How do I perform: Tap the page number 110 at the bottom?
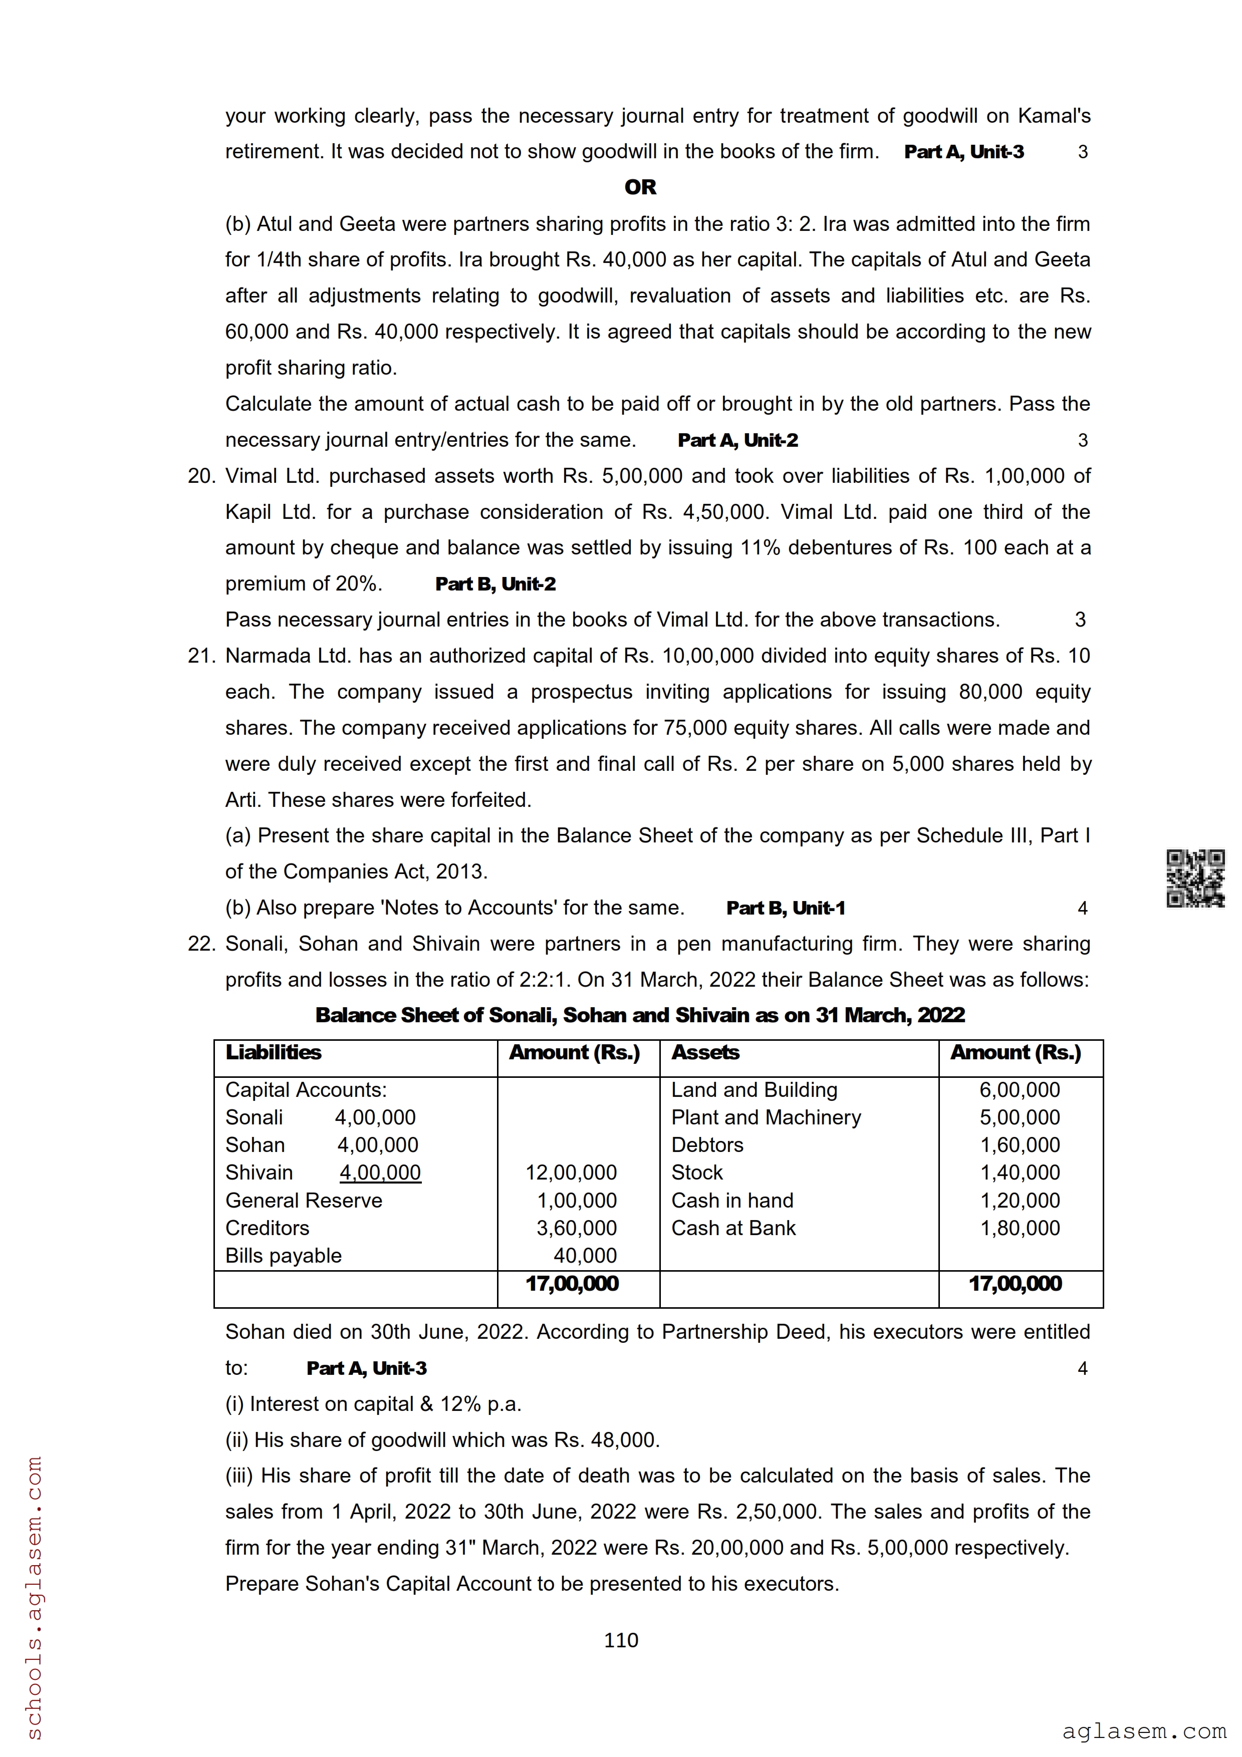pos(621,1640)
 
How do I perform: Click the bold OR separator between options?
pos(640,187)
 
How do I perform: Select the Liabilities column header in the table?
pos(273,1052)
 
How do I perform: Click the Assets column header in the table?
pos(705,1052)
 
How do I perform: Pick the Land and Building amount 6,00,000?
pos(1020,1090)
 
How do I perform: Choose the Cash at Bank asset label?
pos(733,1228)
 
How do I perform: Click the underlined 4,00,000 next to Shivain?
pos(380,1173)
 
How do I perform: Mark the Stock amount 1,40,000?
pos(1020,1173)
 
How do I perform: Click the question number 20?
pos(201,476)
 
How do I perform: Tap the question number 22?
pos(201,944)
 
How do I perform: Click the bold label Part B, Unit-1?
pos(785,909)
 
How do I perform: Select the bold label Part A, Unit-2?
pos(737,440)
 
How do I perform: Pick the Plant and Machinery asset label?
pos(765,1117)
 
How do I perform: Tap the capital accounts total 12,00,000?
pos(571,1173)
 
